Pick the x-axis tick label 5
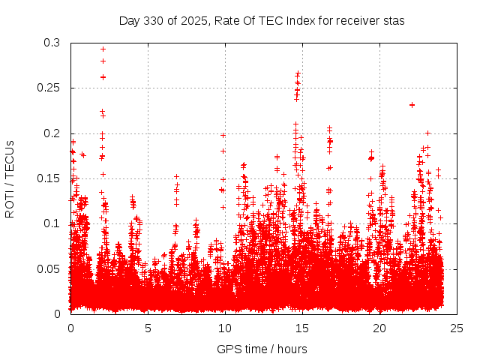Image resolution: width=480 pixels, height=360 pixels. [148, 328]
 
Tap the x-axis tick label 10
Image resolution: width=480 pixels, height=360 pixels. [225, 328]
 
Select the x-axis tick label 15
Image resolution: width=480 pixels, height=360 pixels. [302, 328]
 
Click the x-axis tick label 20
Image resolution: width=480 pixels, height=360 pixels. [379, 328]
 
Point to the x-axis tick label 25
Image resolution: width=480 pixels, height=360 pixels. [457, 328]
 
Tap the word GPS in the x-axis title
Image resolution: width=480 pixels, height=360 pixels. [228, 349]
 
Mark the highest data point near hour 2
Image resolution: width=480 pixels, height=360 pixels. [103, 49]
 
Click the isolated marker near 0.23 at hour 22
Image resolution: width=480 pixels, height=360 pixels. [412, 105]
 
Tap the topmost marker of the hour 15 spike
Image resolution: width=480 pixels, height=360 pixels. [298, 73]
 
